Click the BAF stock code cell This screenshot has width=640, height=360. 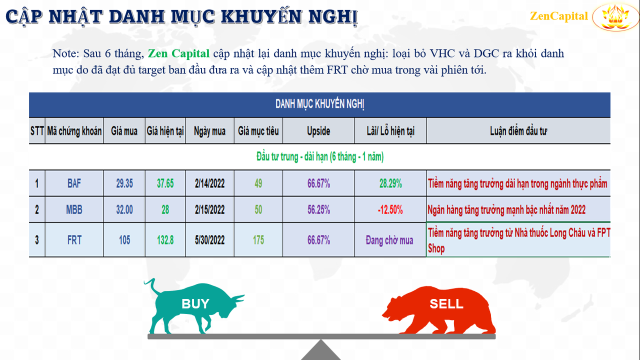74,183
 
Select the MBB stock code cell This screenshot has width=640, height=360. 74,209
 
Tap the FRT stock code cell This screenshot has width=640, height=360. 74,240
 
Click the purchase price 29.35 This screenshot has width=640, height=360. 124,183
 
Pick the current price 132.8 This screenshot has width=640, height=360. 165,240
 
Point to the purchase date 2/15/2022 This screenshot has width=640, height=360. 209,209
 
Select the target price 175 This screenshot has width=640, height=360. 258,240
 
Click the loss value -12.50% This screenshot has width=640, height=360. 390,209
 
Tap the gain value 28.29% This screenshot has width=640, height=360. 390,183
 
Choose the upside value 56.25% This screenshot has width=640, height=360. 318,209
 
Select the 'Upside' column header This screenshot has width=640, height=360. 318,131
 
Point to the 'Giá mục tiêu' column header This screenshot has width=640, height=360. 258,131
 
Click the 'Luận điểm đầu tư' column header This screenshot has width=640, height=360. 518,131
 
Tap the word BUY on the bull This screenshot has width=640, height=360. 195,303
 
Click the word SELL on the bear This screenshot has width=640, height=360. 446,303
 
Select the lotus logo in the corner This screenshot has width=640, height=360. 615,17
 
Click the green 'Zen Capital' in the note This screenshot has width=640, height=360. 178,53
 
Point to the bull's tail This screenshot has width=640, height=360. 152,286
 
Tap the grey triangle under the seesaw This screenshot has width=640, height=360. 321,351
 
